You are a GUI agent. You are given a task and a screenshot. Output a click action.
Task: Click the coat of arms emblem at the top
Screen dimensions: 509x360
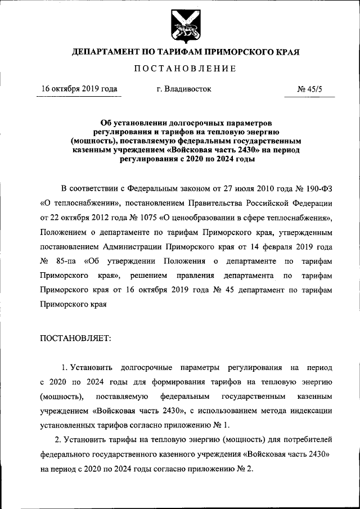click(x=181, y=26)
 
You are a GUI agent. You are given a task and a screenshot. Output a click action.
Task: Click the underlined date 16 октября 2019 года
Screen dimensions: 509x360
click(x=79, y=89)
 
